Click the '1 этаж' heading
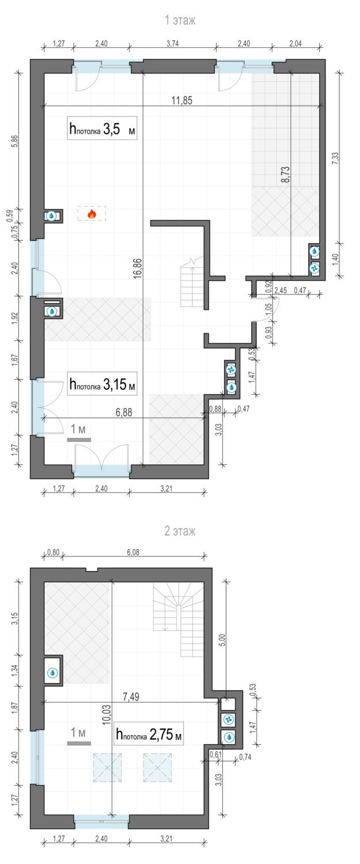point(180,20)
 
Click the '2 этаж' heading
point(180,531)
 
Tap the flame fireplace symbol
point(92,214)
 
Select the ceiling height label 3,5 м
point(103,128)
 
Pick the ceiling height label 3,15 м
point(103,384)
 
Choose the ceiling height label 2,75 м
point(149,734)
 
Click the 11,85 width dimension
point(182,101)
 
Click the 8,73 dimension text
point(286,175)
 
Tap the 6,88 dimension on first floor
point(124,412)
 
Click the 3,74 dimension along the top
point(172,44)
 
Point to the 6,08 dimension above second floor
point(133,553)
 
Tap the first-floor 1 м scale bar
point(79,439)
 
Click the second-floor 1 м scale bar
point(79,743)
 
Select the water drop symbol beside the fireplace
point(51,216)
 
